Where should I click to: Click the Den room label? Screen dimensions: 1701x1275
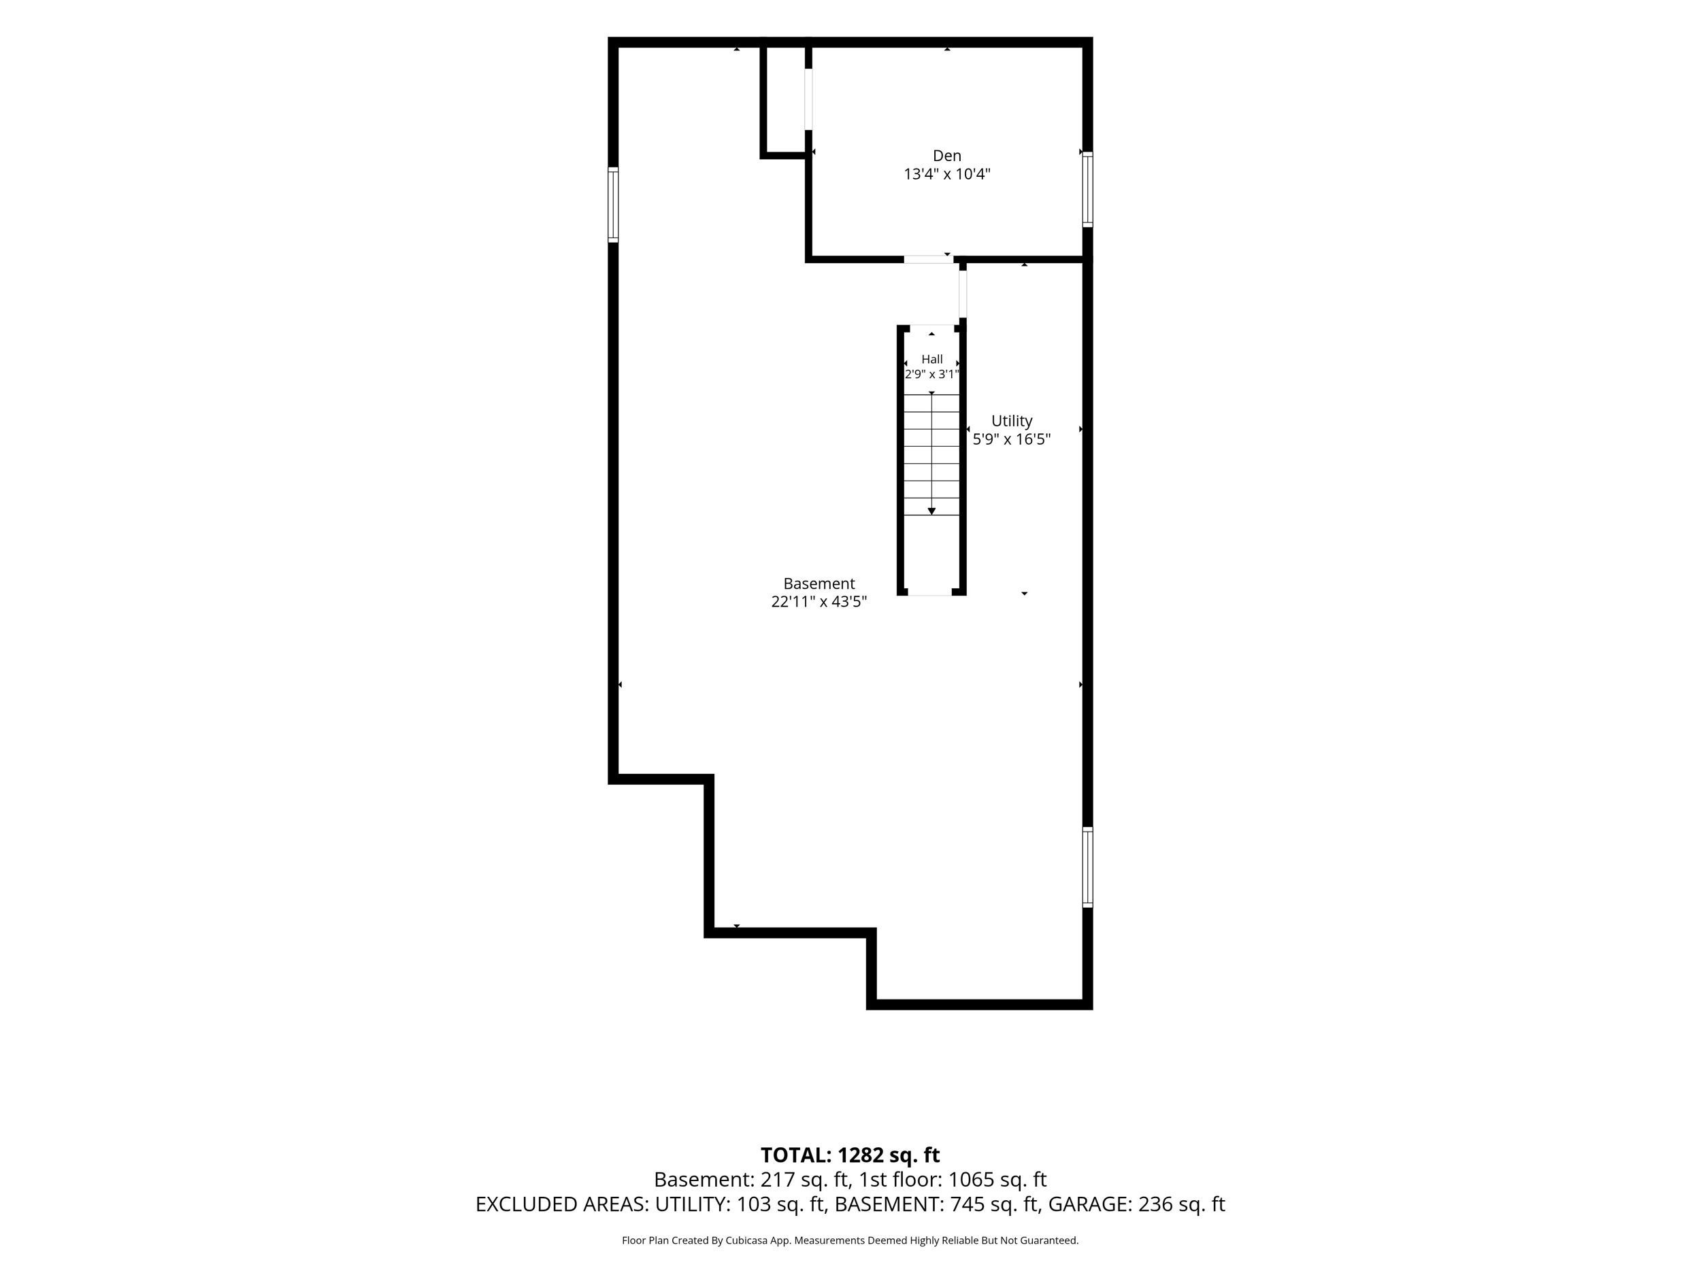point(946,156)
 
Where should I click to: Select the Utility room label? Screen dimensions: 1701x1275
point(1011,421)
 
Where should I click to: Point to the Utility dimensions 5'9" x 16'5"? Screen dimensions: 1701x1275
point(1011,439)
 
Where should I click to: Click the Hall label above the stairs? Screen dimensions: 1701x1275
point(932,359)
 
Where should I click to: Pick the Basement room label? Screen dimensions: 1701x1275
point(819,584)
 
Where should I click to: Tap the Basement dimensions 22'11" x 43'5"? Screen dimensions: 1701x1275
point(819,602)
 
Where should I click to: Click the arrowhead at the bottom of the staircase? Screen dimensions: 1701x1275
point(931,511)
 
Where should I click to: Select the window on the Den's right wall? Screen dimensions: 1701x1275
point(1087,189)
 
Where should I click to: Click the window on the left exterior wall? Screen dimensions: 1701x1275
point(613,205)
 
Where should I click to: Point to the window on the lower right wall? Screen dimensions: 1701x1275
point(1087,867)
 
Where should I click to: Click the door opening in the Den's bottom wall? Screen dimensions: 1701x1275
point(928,259)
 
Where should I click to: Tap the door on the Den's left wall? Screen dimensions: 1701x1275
point(808,99)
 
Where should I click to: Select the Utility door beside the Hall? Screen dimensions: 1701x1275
point(962,294)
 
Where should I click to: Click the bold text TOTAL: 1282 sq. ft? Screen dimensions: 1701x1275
point(850,1155)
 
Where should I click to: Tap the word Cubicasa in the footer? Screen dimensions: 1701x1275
point(746,1240)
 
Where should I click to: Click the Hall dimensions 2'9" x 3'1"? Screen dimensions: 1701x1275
point(932,374)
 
